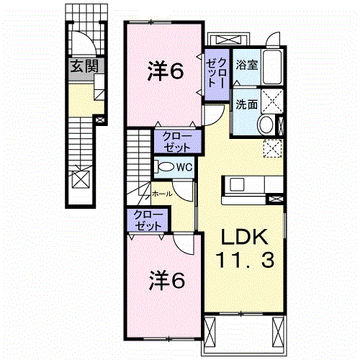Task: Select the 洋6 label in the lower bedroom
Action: pyautogui.click(x=166, y=278)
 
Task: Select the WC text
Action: pyautogui.click(x=183, y=166)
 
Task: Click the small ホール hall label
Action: pyautogui.click(x=161, y=193)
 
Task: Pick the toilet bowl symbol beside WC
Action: pyautogui.click(x=165, y=166)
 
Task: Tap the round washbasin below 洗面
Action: pyautogui.click(x=266, y=125)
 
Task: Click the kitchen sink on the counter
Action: pyautogui.click(x=236, y=184)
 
